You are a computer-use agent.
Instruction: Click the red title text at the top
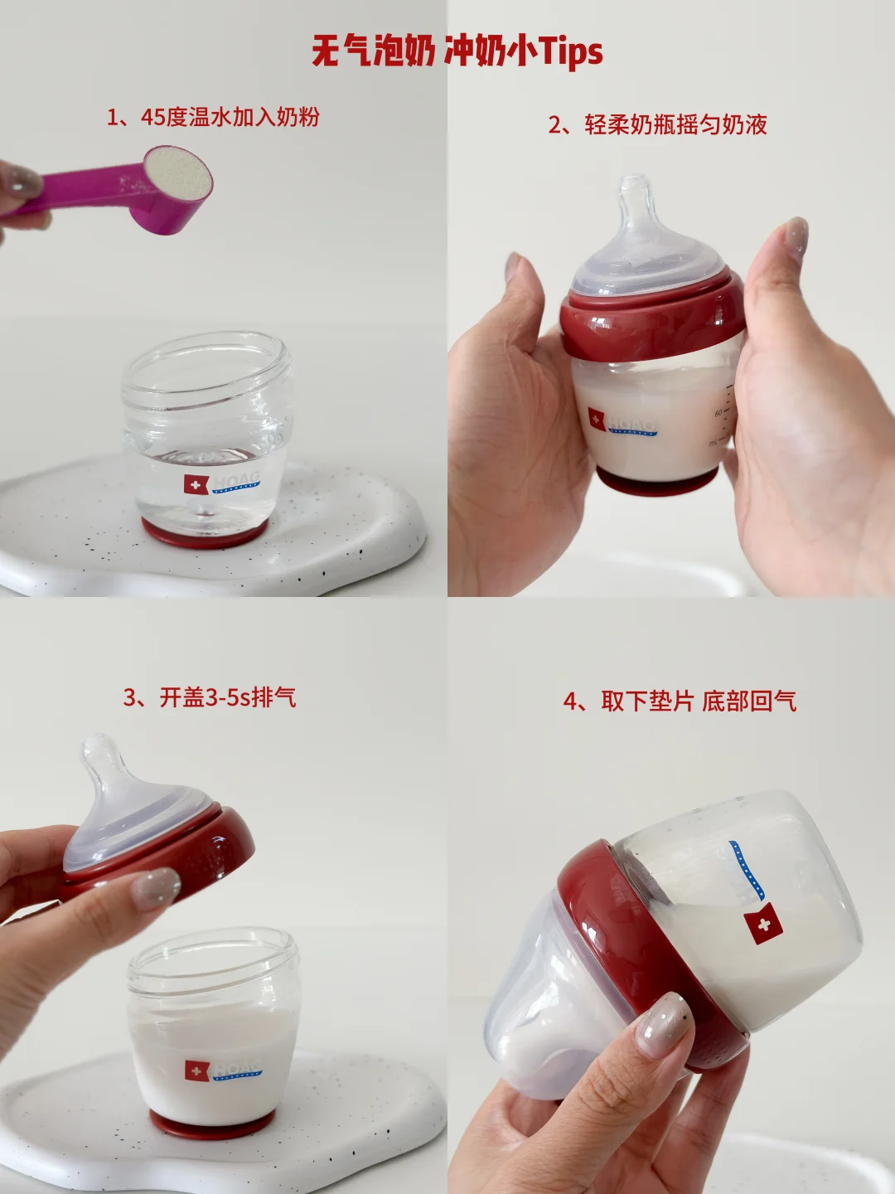pos(457,52)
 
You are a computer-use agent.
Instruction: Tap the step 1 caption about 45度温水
pos(213,118)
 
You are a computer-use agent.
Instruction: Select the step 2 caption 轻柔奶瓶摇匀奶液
pos(657,124)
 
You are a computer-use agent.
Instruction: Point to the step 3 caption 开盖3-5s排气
pos(210,698)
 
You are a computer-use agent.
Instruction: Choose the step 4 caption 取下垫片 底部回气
pos(680,701)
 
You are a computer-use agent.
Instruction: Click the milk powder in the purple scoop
pos(178,173)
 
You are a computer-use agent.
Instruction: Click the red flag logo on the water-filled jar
pos(196,484)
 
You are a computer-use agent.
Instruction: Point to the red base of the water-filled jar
pos(205,534)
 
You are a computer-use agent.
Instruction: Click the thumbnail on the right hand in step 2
pos(796,238)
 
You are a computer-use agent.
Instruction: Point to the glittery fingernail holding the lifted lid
pos(156,889)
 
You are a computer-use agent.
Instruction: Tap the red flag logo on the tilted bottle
pos(763,924)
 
